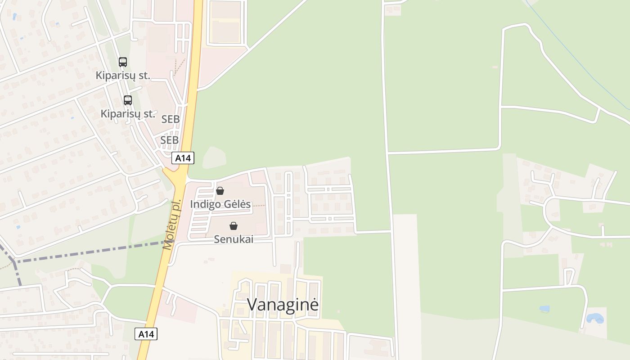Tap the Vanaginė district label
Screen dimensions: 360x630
click(x=283, y=305)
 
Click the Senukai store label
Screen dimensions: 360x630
click(x=234, y=239)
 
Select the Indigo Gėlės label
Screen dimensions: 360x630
click(x=220, y=204)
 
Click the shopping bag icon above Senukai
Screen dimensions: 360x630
click(x=234, y=226)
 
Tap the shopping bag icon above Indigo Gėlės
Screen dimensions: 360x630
click(x=220, y=191)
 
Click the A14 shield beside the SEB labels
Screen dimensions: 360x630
click(x=183, y=158)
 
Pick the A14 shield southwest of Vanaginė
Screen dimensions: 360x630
click(x=146, y=334)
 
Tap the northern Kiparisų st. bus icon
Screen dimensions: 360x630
click(x=123, y=62)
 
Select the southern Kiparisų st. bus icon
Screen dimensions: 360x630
click(x=128, y=100)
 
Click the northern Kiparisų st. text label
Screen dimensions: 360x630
click(x=123, y=76)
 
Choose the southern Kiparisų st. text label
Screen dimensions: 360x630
click(x=128, y=114)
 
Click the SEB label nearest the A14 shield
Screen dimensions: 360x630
click(x=170, y=140)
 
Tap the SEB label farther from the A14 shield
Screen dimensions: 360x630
click(x=171, y=119)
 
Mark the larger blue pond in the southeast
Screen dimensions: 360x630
click(x=595, y=319)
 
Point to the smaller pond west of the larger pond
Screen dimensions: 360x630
click(x=544, y=309)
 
